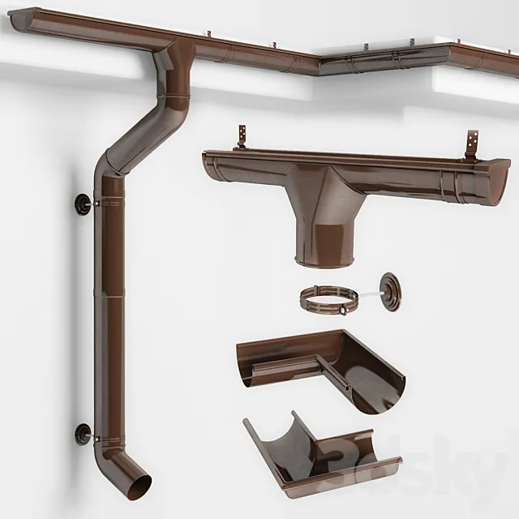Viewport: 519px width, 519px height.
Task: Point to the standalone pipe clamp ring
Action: (x=328, y=301)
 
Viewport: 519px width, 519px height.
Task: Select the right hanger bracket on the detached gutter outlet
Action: (x=470, y=145)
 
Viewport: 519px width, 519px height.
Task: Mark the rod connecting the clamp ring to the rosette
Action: (x=369, y=289)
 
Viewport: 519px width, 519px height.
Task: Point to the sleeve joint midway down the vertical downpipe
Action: (x=109, y=297)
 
